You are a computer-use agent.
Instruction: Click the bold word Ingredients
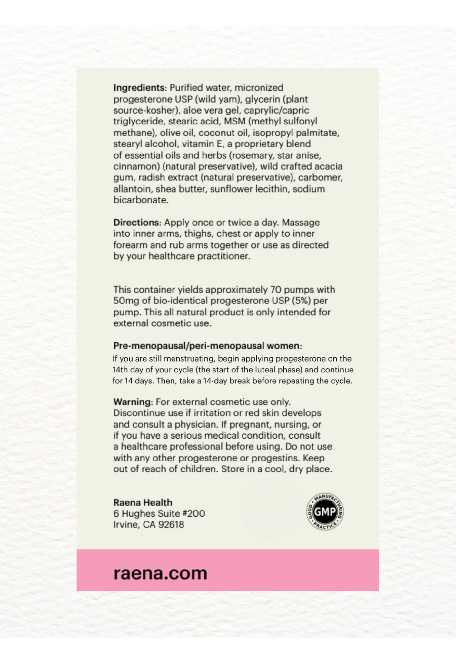point(139,88)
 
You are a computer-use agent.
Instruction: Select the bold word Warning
point(132,402)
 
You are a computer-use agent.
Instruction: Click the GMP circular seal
point(325,511)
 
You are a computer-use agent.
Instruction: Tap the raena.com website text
point(160,573)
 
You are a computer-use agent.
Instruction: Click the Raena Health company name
point(143,502)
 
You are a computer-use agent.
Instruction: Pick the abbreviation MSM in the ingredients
point(235,122)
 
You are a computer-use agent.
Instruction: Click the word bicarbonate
point(141,200)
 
